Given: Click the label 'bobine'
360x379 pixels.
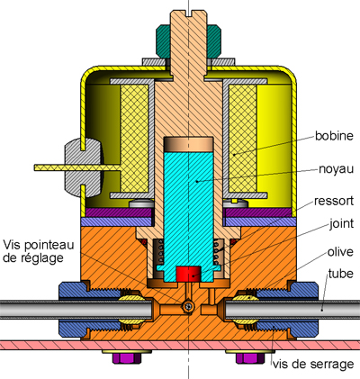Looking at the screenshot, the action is click(x=334, y=136).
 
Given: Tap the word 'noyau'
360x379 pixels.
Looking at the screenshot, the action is click(x=336, y=169).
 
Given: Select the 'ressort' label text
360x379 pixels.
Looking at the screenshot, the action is click(x=334, y=201).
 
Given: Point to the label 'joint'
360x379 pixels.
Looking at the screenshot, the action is click(x=341, y=224).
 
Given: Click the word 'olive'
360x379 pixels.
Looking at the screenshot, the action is click(x=340, y=252).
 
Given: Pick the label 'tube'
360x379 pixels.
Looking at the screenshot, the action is click(x=340, y=274).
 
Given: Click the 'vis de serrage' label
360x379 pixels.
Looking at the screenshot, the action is click(x=313, y=365).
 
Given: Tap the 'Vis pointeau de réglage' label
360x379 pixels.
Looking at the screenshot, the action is click(x=39, y=251).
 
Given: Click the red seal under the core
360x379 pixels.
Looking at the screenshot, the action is click(x=188, y=274).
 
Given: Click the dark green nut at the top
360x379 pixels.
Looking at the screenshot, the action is click(x=189, y=41).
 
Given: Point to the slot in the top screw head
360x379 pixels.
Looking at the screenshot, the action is click(x=188, y=14).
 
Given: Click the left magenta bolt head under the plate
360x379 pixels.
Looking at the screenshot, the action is click(x=127, y=358).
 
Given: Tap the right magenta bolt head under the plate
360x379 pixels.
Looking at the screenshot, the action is click(x=250, y=358).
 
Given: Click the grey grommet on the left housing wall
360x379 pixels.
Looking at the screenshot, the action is click(x=84, y=167).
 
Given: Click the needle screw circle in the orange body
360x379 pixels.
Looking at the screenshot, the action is click(x=189, y=306).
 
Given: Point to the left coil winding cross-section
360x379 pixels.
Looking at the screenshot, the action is click(x=134, y=139).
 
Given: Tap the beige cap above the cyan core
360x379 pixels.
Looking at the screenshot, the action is click(x=189, y=144).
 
